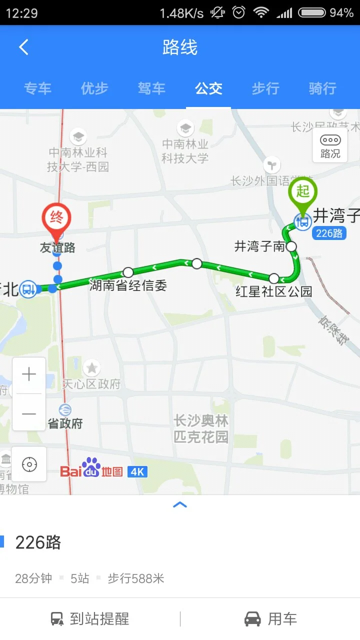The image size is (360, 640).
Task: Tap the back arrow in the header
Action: tap(23, 47)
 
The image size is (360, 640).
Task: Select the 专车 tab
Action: tap(37, 89)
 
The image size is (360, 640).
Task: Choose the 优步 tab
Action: tap(94, 89)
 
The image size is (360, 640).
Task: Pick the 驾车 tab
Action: tap(151, 89)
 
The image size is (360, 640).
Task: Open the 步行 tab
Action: tap(265, 89)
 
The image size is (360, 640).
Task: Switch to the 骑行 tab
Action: tap(322, 89)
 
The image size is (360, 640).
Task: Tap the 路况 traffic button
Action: tap(330, 145)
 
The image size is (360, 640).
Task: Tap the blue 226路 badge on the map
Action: tap(329, 233)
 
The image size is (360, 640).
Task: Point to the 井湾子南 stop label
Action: tap(259, 246)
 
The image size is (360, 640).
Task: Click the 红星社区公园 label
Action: tap(273, 291)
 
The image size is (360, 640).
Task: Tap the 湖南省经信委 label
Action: tap(128, 286)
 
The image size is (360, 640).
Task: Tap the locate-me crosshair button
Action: tap(29, 464)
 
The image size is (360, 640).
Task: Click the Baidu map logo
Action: tap(91, 469)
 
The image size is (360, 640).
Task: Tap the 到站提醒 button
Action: tap(90, 619)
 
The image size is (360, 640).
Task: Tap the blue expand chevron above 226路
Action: tap(180, 505)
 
